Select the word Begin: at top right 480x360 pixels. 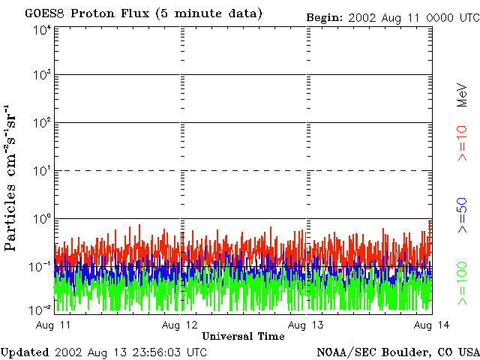tap(324, 16)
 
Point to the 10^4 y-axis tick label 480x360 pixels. tap(42, 30)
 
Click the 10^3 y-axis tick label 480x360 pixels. tap(42, 76)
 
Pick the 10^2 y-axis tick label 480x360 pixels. tap(42, 123)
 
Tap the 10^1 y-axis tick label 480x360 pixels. tap(42, 171)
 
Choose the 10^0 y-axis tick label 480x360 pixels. tap(42, 219)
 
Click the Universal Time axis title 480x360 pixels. tap(244, 336)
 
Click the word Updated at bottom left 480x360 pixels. tap(24, 352)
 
